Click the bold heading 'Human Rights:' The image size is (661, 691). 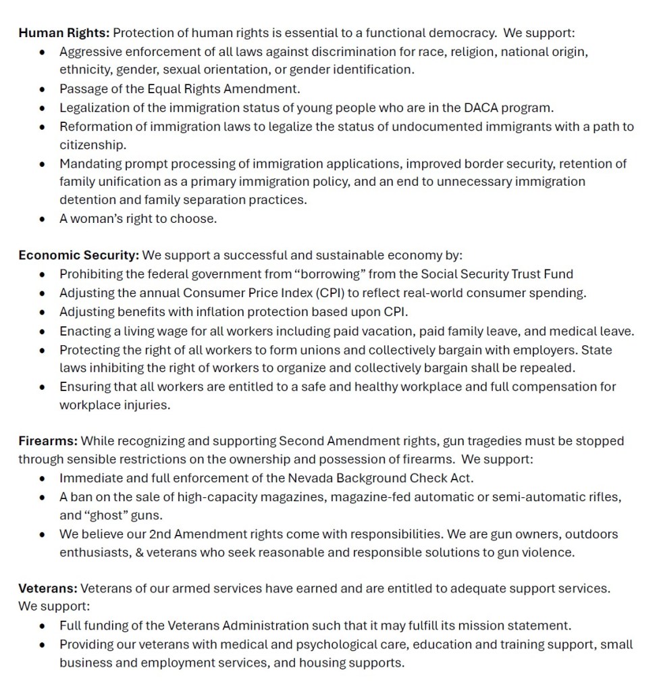(63, 32)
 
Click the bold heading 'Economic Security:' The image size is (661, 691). (78, 255)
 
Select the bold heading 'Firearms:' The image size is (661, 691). (47, 441)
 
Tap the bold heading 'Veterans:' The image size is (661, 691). (47, 588)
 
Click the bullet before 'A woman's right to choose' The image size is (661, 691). (43, 219)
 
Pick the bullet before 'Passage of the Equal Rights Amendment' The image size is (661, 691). (43, 89)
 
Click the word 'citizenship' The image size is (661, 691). (92, 145)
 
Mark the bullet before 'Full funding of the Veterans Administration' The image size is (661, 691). (43, 626)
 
